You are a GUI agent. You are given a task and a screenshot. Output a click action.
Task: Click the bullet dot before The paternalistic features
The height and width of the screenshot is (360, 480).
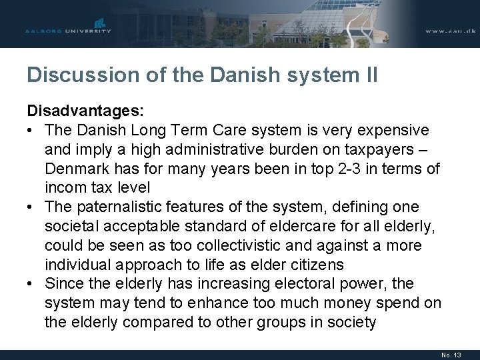tap(31, 207)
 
